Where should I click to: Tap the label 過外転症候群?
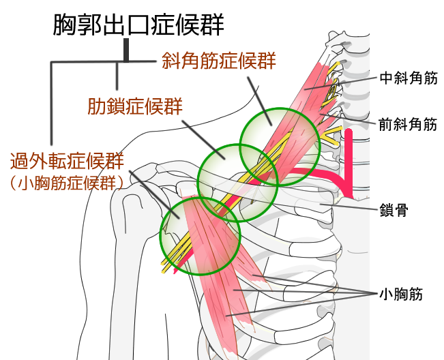(66, 162)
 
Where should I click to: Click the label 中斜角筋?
(408, 78)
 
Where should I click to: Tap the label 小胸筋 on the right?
(402, 295)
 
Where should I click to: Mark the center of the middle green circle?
(237, 183)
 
